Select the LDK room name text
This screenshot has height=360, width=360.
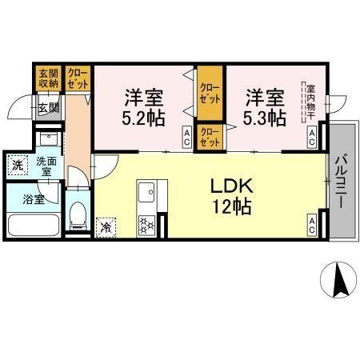(x=232, y=186)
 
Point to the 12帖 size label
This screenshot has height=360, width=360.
(x=232, y=206)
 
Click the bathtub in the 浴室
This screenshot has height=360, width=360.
(x=33, y=225)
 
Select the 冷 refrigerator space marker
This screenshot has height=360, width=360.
(x=106, y=227)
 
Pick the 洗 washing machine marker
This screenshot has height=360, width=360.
(x=17, y=166)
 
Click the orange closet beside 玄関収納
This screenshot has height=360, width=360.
(x=78, y=78)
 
